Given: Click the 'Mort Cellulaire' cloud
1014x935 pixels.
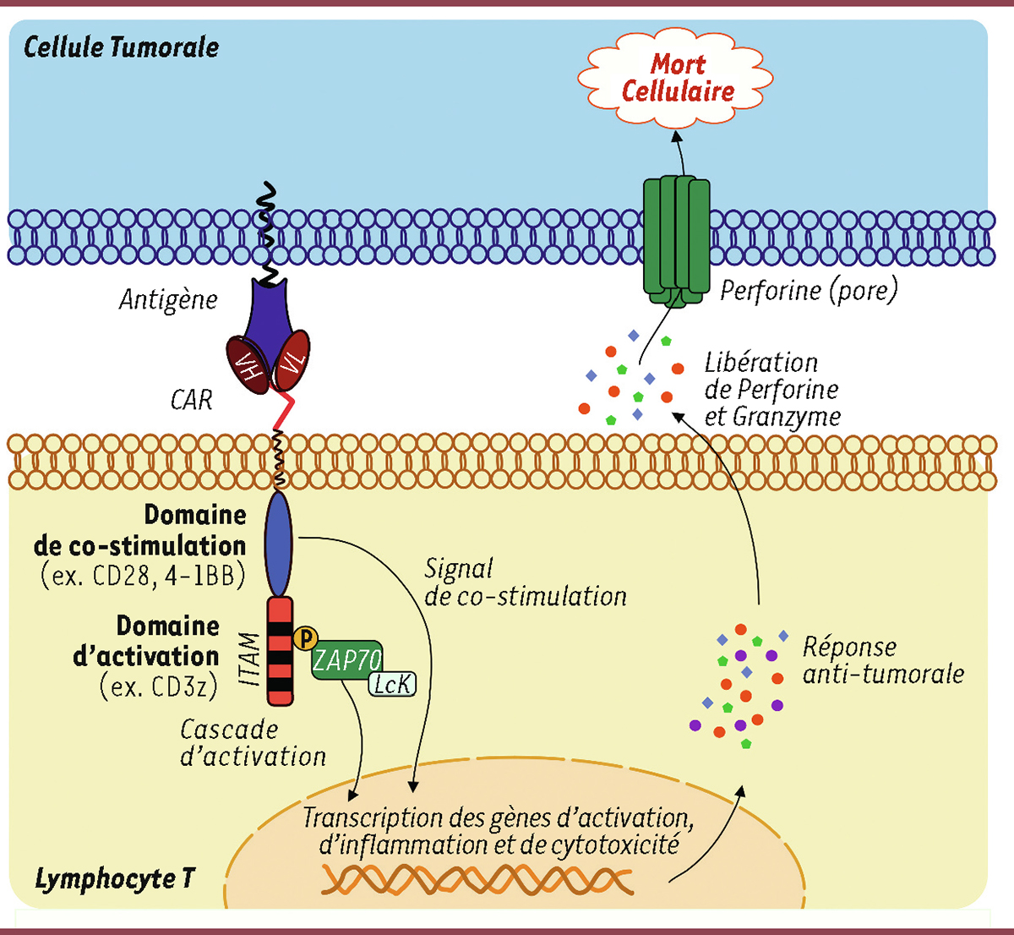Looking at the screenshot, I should coord(677,78).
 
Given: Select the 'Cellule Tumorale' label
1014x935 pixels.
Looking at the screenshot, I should coord(121,46).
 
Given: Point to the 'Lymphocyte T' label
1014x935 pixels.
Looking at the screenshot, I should coord(114,878).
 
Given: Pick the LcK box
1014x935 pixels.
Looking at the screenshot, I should coord(392,683).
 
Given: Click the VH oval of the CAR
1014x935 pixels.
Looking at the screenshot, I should coord(247,363).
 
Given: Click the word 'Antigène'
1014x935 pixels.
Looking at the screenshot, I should coord(168,299).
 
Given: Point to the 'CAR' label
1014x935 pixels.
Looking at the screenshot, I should coord(192,400).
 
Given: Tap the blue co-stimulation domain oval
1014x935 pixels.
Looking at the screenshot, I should coord(279,544).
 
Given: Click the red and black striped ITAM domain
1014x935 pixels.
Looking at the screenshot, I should coord(281,651).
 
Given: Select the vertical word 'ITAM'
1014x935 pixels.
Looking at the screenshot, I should coord(249,659).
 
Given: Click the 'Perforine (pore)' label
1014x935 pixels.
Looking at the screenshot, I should coord(809,291).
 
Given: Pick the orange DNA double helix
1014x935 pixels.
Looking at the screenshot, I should coord(477,881).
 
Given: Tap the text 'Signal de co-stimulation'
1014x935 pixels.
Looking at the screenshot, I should coord(525,582).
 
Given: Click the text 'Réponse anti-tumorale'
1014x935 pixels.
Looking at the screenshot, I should coord(882,660).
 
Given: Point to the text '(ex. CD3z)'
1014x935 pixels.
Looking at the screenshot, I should coord(158,686).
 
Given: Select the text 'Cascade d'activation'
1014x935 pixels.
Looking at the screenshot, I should coord(253,742).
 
